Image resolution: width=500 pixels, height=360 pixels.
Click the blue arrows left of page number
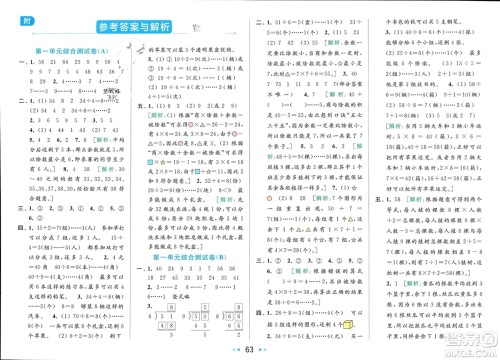tap(237, 348)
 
